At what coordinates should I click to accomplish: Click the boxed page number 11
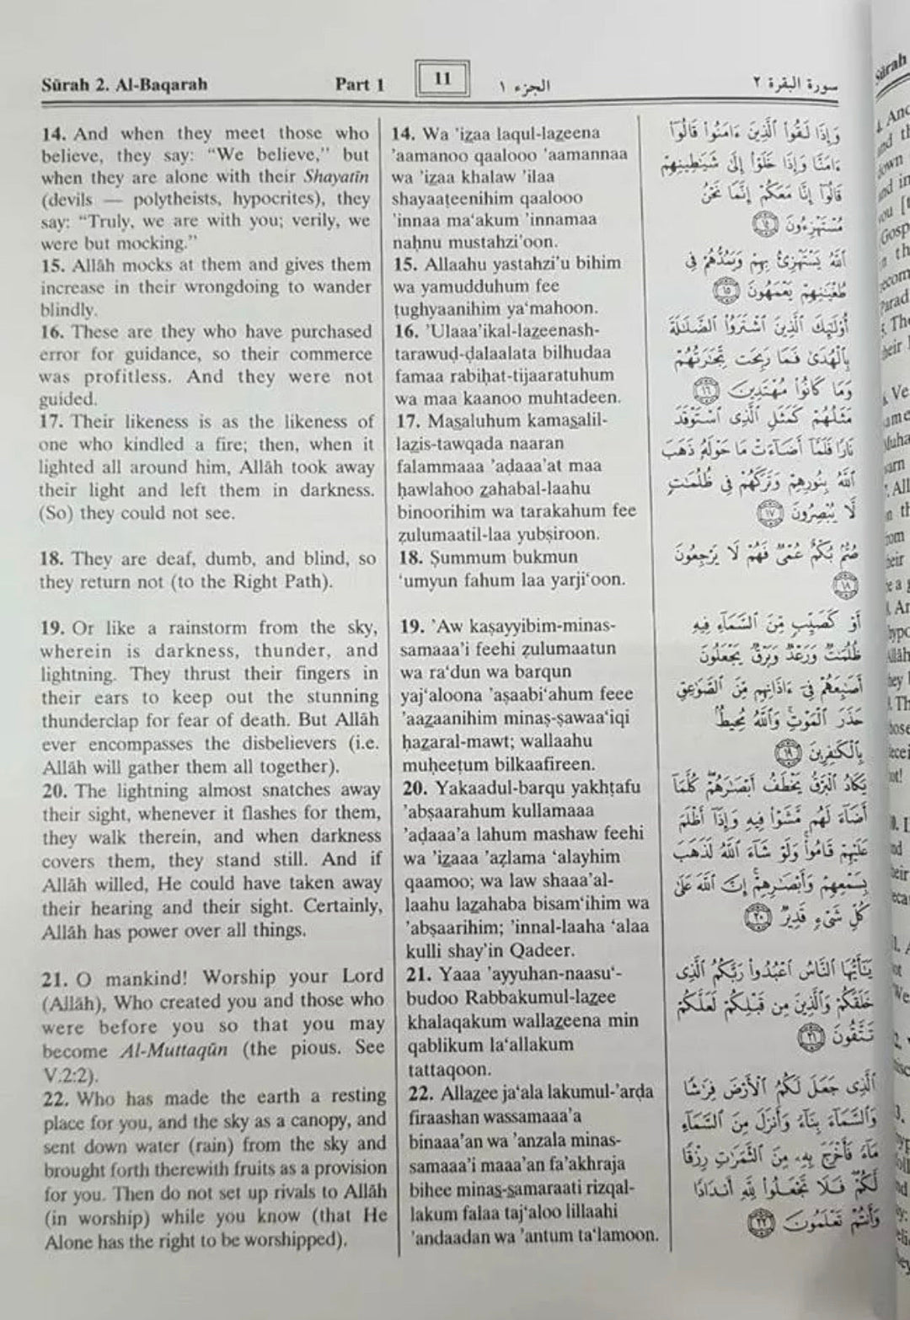(443, 80)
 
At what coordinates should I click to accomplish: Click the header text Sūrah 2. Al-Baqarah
(123, 84)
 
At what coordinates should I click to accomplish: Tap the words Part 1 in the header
(360, 84)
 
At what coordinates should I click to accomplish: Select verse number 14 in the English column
(52, 133)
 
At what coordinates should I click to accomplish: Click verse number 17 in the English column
(52, 421)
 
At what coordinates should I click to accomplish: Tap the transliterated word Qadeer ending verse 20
(543, 950)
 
